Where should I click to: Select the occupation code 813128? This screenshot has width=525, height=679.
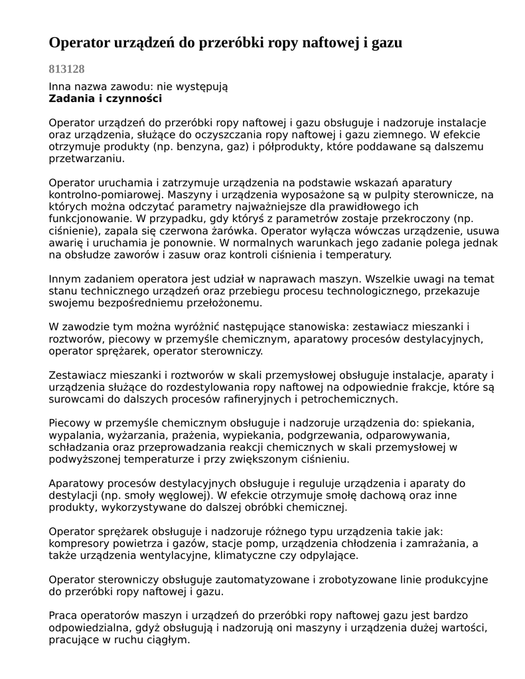point(66,69)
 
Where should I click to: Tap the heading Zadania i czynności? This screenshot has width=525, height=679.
point(106,99)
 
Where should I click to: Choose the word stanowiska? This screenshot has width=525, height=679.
point(321,327)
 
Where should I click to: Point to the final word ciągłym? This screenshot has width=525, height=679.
point(168,641)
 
